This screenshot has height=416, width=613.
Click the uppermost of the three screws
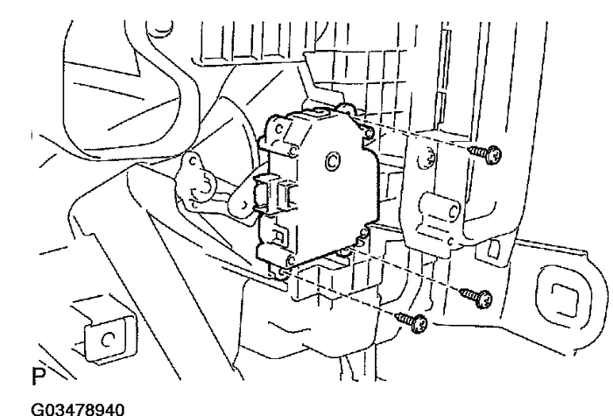coord(485,154)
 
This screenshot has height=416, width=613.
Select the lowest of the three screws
coord(412,322)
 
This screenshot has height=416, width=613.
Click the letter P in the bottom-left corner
coord(39,376)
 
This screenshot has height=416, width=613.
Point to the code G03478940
coord(78,409)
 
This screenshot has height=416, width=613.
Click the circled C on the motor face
coord(332,161)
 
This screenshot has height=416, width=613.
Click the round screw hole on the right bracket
coord(427,159)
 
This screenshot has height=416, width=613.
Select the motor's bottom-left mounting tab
coord(280,271)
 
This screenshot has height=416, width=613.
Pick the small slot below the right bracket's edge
coord(493,249)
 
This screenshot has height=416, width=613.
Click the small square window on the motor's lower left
coord(279,236)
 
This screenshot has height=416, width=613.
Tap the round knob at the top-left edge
coord(159,28)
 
